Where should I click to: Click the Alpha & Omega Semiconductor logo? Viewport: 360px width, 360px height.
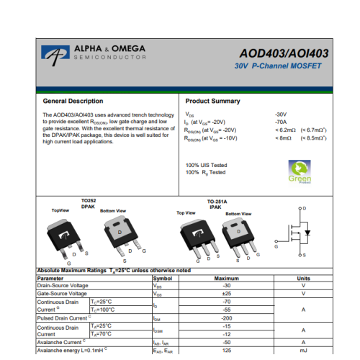94,53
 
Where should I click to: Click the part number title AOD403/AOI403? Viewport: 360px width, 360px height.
284,53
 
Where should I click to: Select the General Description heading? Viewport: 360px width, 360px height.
73,101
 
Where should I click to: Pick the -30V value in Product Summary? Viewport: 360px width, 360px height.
281,114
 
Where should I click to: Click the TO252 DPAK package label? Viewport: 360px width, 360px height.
88,203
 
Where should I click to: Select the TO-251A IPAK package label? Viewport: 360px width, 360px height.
217,204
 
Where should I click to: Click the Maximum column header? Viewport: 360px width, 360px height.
227,278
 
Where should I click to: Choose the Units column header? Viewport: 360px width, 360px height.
303,278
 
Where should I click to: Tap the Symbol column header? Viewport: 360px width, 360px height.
163,278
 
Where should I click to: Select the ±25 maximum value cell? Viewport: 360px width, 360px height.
227,294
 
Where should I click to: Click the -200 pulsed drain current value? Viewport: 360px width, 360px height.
227,318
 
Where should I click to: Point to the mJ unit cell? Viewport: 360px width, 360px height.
303,351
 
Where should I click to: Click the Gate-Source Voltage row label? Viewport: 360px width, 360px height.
61,294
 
